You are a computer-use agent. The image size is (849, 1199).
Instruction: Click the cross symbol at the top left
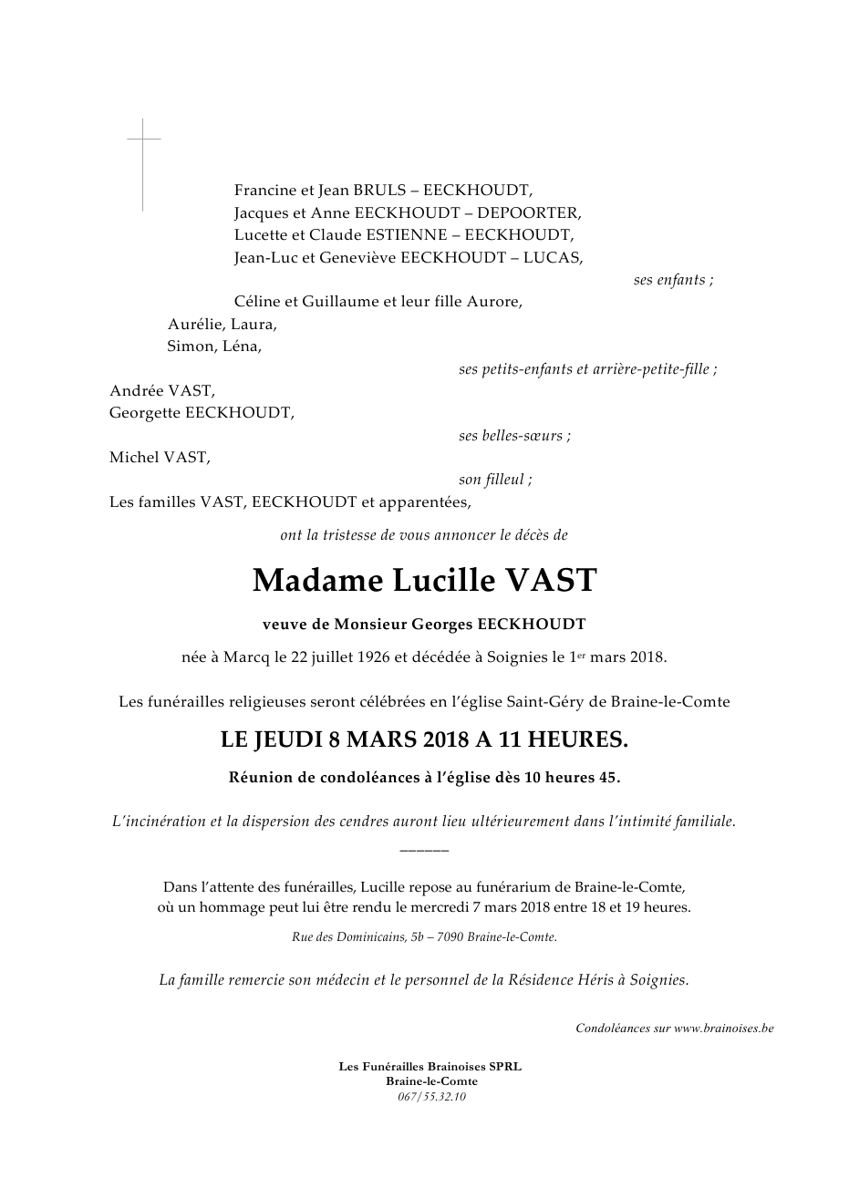[x=143, y=155]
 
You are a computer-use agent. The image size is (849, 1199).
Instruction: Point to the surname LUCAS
[x=552, y=257]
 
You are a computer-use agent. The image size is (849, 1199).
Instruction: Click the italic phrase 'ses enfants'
[x=672, y=280]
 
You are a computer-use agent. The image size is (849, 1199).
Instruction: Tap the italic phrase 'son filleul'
[x=494, y=480]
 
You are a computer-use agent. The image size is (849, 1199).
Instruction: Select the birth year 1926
[x=376, y=656]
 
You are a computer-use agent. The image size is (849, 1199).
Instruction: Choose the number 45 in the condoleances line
[x=607, y=779]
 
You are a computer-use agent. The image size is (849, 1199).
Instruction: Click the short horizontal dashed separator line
[x=424, y=850]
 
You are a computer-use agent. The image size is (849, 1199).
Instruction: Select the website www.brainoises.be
[x=724, y=1028]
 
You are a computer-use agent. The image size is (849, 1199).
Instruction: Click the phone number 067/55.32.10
[x=431, y=1097]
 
